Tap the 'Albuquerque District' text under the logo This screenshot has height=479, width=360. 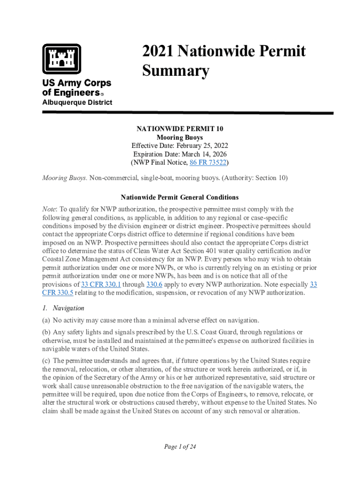coord(77,102)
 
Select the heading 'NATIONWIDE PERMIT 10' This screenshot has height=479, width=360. coord(180,129)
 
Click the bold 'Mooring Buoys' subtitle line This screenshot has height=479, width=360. coord(180,138)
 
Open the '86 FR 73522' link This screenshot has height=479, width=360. coord(208,163)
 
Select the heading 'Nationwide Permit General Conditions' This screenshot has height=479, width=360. coord(180,197)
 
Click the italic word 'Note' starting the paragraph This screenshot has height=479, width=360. coord(49,209)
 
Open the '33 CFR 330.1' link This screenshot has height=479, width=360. coord(101,284)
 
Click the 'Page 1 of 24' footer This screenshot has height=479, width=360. coord(180,447)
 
